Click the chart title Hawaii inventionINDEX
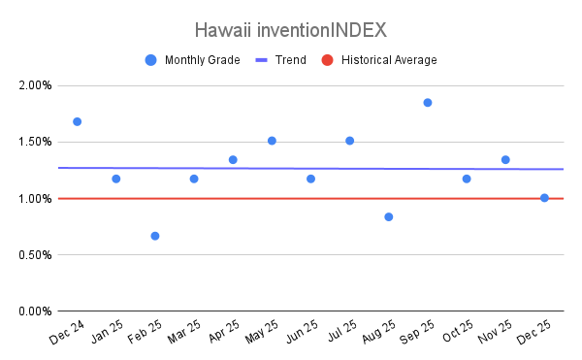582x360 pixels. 291,30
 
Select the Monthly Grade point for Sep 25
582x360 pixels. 428,103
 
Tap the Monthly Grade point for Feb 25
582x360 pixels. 155,236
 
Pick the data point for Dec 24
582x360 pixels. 78,121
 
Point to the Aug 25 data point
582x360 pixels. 389,217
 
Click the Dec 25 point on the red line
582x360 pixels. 544,198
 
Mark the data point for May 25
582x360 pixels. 272,141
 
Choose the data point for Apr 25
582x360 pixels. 233,160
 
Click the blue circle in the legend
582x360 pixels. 150,60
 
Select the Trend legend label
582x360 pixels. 291,60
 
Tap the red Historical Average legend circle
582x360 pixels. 328,60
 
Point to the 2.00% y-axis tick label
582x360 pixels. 35,85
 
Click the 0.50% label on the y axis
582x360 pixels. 35,255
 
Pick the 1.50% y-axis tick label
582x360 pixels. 35,142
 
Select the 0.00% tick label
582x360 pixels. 35,311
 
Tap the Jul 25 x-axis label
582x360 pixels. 341,331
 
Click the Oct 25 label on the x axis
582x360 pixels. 458,331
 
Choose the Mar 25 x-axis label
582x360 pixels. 184,332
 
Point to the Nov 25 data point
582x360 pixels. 505,160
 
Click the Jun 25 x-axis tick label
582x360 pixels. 302,332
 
